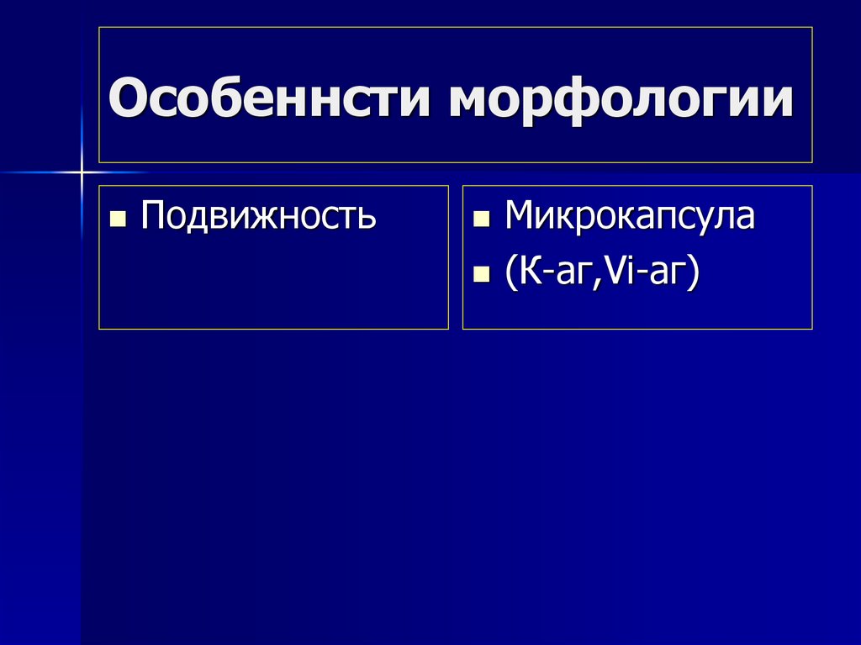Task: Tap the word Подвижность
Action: (x=258, y=216)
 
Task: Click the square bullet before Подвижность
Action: (x=118, y=220)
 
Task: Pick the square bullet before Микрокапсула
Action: (x=481, y=220)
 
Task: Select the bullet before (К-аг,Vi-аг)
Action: (x=481, y=274)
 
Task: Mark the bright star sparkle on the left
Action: (x=82, y=172)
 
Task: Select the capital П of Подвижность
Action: (x=153, y=216)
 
